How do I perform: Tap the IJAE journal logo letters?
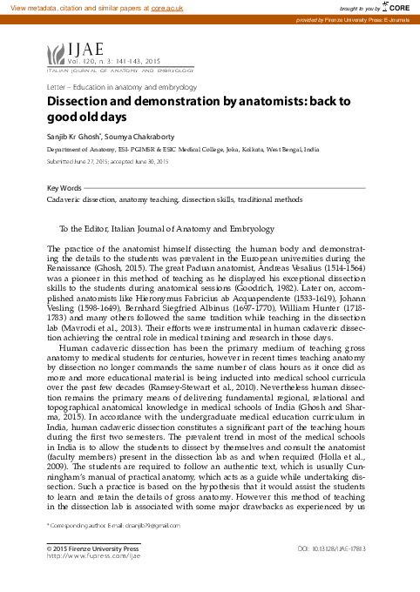76,51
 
